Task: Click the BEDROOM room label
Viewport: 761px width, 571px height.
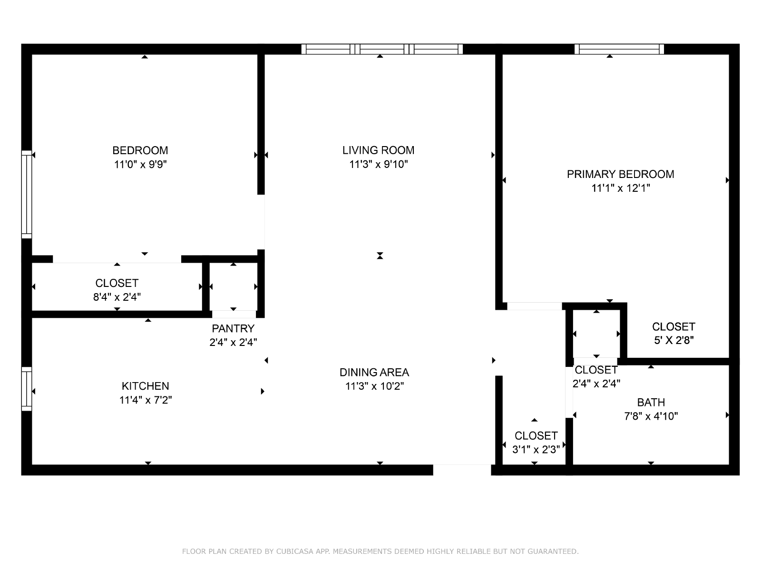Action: click(x=140, y=150)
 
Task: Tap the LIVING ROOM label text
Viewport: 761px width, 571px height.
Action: click(x=378, y=150)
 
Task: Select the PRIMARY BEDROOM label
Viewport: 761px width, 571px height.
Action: click(x=620, y=174)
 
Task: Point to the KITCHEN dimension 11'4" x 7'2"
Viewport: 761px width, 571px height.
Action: click(x=146, y=400)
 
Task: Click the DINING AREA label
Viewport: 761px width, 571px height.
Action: click(x=374, y=373)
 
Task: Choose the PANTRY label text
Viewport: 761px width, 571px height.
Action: click(x=233, y=328)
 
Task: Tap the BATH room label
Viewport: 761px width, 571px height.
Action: click(x=651, y=402)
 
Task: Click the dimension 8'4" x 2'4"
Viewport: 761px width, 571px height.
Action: click(x=117, y=297)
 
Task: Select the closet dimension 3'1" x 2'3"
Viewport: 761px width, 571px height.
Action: click(x=536, y=450)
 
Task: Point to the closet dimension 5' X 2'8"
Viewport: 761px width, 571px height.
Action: click(x=673, y=340)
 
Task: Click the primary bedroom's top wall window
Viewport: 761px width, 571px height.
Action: click(x=619, y=49)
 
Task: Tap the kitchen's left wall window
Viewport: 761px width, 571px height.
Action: click(x=27, y=389)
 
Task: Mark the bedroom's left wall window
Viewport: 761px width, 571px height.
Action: click(x=27, y=195)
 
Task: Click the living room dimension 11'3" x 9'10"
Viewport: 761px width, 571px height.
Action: click(x=378, y=164)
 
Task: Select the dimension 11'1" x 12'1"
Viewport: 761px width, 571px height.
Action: click(x=620, y=188)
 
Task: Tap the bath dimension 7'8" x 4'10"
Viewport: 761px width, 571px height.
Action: click(x=651, y=416)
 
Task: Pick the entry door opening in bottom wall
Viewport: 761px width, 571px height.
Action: click(x=462, y=470)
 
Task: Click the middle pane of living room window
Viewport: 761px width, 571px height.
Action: click(x=382, y=49)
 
